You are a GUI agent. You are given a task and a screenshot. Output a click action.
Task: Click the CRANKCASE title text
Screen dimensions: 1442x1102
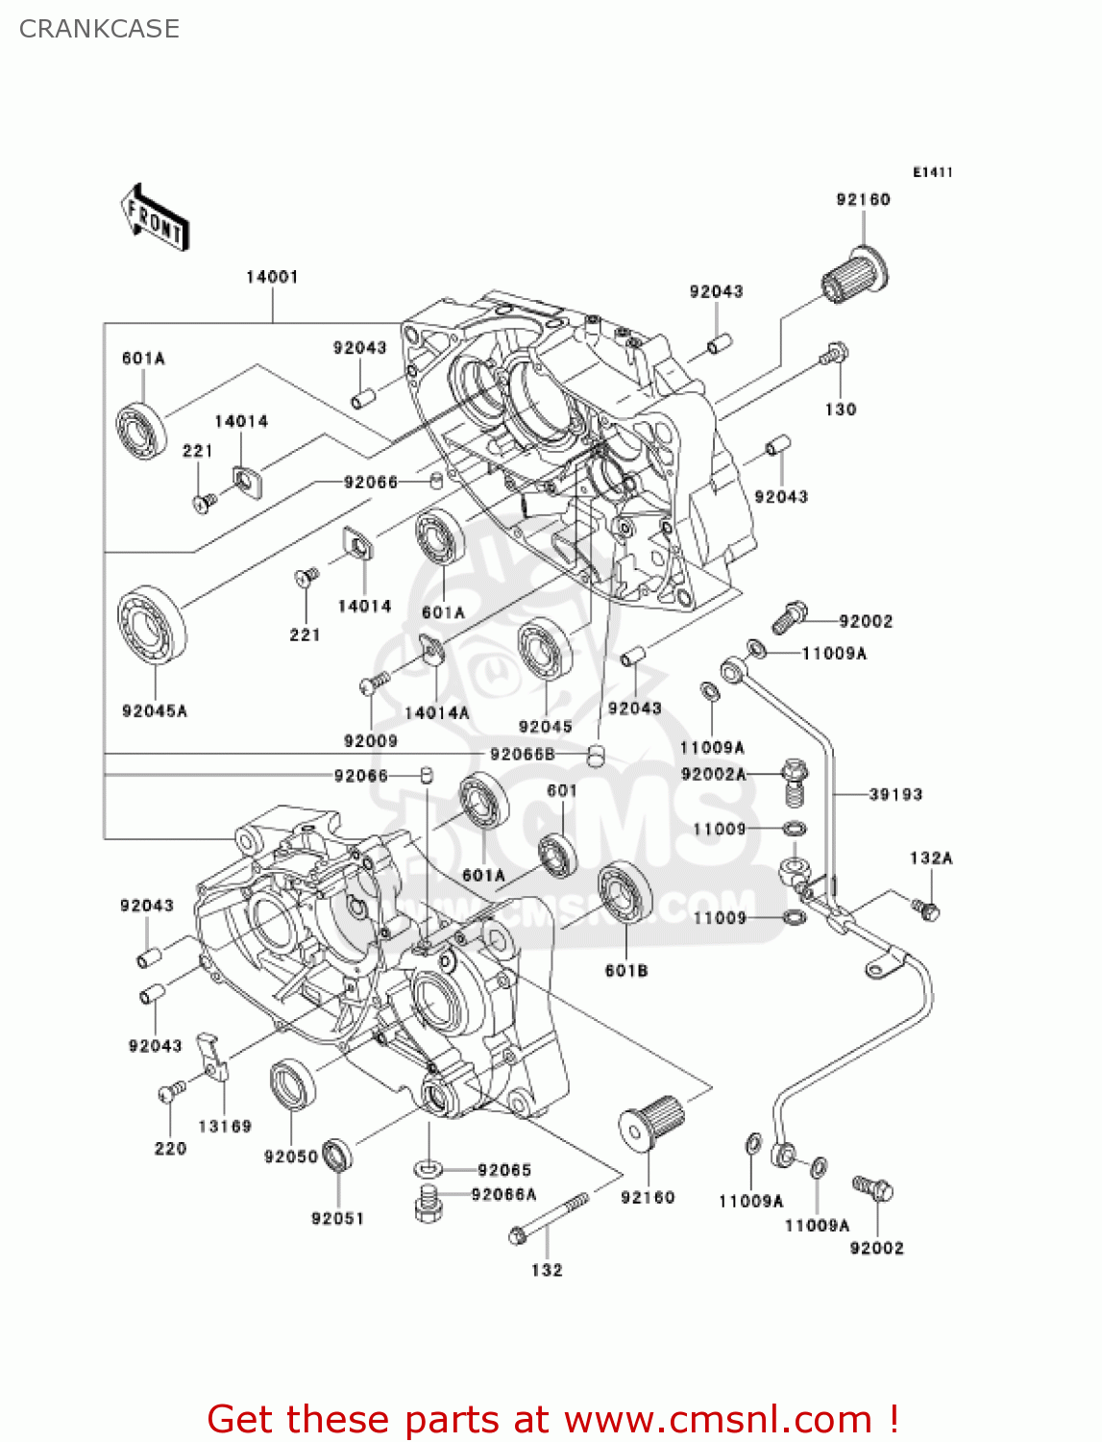pyautogui.click(x=99, y=29)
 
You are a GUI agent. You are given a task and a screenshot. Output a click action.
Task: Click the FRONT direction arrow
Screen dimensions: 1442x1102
pyautogui.click(x=154, y=217)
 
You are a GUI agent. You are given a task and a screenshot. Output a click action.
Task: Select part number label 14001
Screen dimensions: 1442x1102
pyautogui.click(x=272, y=277)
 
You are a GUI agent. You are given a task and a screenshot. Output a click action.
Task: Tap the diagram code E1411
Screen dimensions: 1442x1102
pyautogui.click(x=932, y=172)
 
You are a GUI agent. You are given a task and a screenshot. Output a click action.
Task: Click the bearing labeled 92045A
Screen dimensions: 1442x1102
pyautogui.click(x=152, y=624)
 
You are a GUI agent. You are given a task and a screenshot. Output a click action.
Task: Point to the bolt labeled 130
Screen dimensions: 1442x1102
pyautogui.click(x=834, y=355)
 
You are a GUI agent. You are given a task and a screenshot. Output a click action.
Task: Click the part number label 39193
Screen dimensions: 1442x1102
pyautogui.click(x=895, y=794)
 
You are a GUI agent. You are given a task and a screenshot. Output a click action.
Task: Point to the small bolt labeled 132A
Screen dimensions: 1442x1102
pyautogui.click(x=927, y=908)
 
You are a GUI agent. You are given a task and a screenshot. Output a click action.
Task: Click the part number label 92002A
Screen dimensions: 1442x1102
pyautogui.click(x=713, y=774)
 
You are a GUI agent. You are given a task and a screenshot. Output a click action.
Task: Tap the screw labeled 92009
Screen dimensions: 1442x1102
pyautogui.click(x=373, y=683)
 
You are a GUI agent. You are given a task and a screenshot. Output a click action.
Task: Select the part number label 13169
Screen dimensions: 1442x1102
pyautogui.click(x=225, y=1126)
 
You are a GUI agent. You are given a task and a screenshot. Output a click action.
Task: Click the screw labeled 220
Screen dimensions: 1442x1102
pyautogui.click(x=172, y=1092)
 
